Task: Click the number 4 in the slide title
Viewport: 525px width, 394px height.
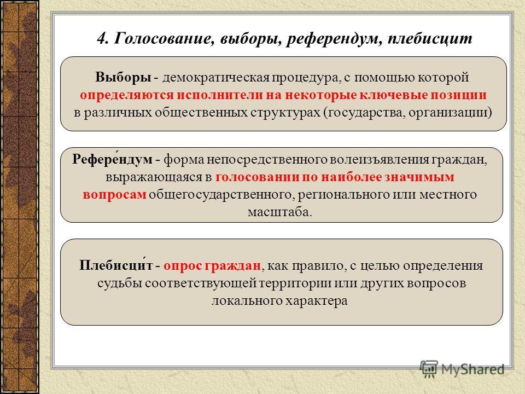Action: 102,38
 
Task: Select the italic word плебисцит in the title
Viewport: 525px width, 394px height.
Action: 430,38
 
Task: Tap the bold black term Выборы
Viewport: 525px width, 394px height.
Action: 123,77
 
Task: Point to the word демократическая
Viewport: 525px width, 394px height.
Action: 216,78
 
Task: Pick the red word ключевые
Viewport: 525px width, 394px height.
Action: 394,95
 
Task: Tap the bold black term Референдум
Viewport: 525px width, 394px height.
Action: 112,159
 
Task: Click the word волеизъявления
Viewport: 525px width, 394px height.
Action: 379,159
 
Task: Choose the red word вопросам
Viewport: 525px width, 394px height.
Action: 114,195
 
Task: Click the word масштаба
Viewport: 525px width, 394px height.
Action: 279,212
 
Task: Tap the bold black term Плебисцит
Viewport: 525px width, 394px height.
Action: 116,265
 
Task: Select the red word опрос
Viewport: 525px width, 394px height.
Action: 183,266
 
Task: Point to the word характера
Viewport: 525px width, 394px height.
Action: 317,301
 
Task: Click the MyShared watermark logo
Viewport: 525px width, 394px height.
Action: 462,369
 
